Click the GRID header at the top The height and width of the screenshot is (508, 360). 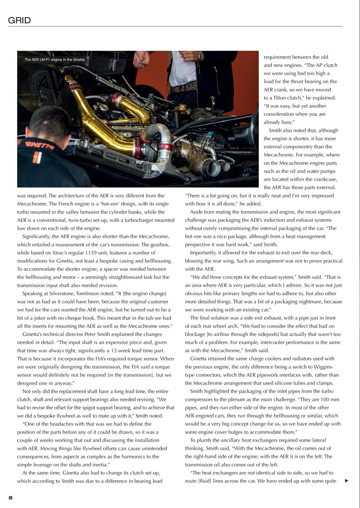(x=19, y=21)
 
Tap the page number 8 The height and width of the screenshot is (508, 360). (x=11, y=498)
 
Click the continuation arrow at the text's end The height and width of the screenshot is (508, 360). (x=347, y=481)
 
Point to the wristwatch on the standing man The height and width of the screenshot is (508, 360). (x=201, y=56)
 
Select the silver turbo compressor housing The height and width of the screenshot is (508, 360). (x=154, y=139)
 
